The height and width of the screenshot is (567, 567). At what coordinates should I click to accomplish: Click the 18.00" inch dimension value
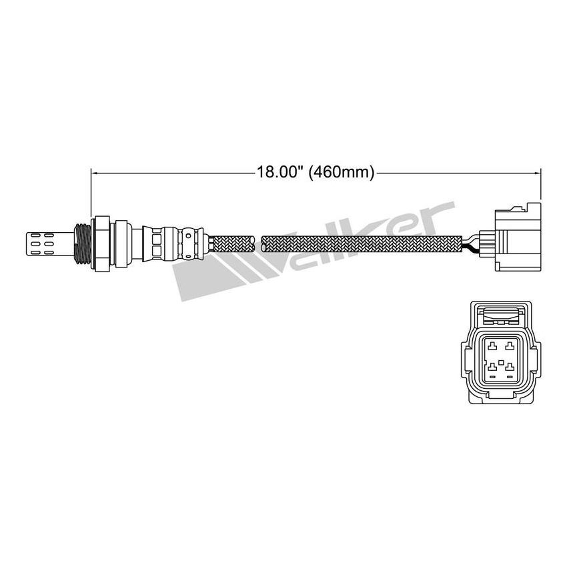[x=279, y=172]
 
